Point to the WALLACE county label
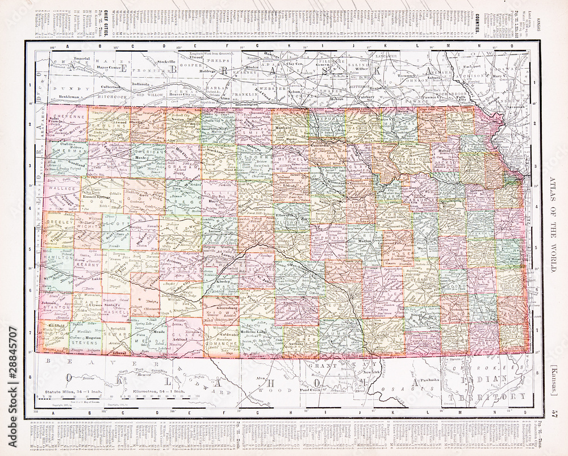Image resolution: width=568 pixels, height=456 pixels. pyautogui.click(x=62, y=187)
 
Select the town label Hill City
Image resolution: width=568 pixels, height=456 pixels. pyautogui.click(x=182, y=152)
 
